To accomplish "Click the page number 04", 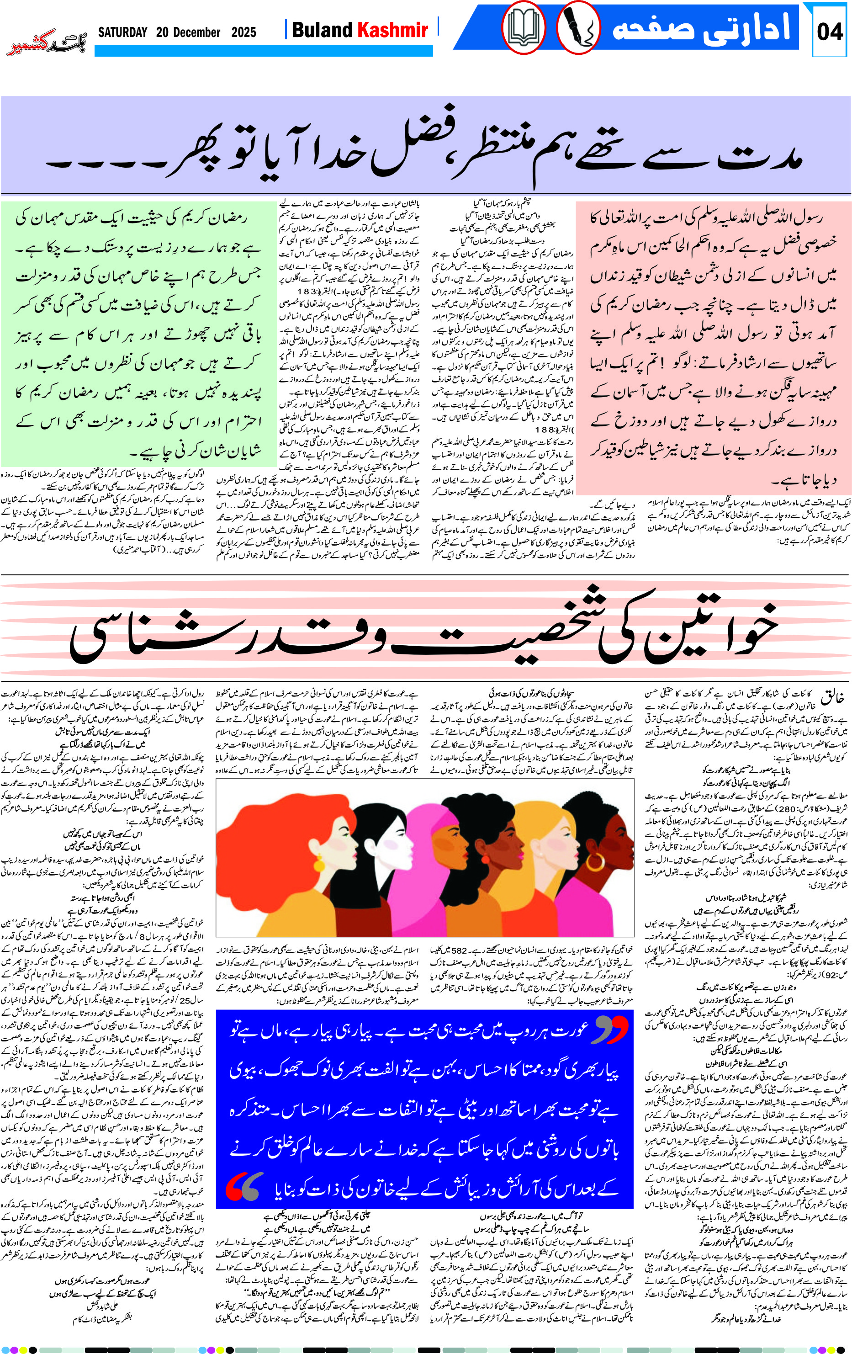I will click(x=829, y=32).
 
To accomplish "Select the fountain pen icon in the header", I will click(x=578, y=28).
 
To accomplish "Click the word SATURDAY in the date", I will click(x=122, y=32).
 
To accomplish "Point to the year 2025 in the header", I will click(x=243, y=32).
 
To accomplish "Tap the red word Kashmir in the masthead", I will click(x=393, y=30).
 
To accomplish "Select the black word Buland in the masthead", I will click(x=323, y=30).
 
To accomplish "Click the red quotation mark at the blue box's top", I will click(x=611, y=1030).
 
